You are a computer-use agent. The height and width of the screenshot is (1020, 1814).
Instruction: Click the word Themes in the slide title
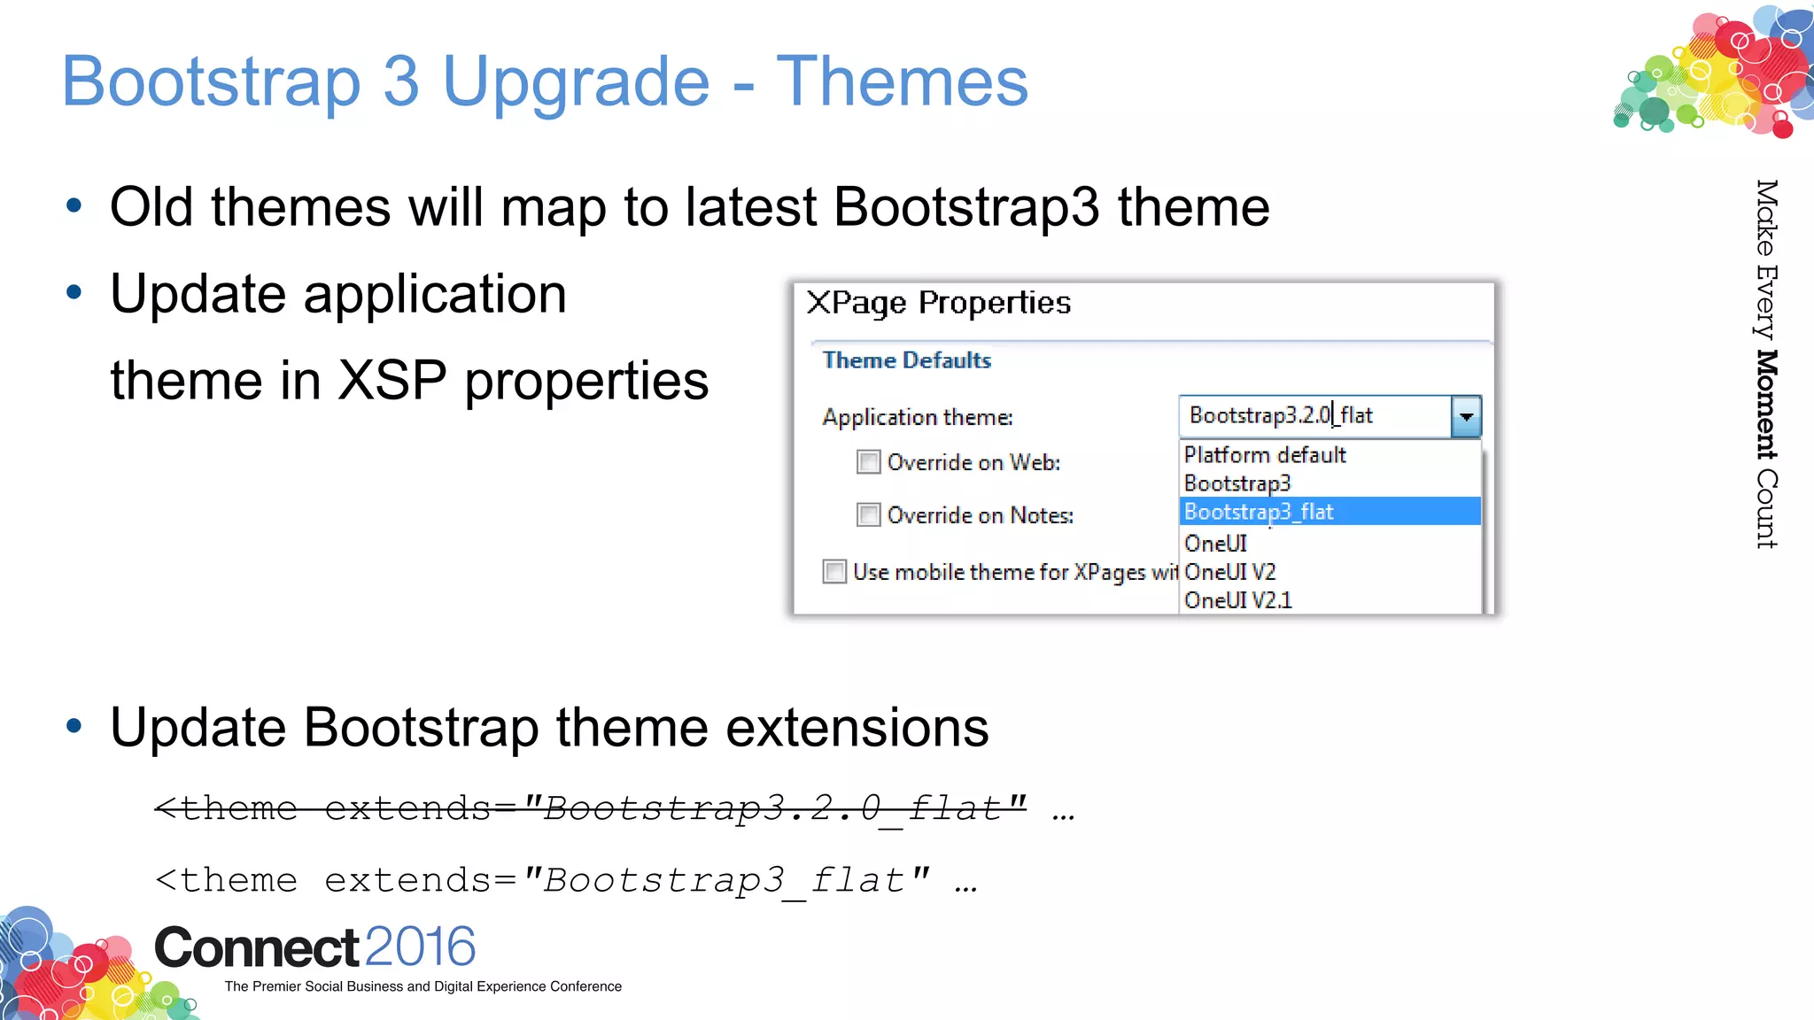point(901,81)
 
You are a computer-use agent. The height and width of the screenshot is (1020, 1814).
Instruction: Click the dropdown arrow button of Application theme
point(1466,416)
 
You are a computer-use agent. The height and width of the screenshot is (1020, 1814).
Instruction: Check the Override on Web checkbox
point(868,462)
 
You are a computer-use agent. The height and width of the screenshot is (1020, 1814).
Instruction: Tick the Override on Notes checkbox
point(868,515)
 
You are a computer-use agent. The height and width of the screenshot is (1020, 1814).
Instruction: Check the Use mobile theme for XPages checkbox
point(834,572)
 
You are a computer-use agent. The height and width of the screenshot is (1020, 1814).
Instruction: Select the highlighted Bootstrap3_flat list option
point(1259,512)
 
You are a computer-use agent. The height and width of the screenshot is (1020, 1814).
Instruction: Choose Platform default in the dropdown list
point(1264,455)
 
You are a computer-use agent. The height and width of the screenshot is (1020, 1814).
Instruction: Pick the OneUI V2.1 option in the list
point(1237,600)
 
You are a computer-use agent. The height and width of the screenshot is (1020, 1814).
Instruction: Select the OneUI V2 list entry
point(1229,572)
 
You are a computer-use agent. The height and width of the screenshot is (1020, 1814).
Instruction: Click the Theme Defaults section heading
point(906,360)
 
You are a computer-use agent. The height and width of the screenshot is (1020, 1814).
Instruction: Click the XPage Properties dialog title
point(938,303)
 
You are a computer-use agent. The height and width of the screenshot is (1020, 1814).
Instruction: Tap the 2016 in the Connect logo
point(420,947)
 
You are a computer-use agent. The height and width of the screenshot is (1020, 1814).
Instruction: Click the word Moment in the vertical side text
point(1766,404)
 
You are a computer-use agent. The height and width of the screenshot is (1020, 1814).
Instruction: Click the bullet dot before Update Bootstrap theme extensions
point(74,727)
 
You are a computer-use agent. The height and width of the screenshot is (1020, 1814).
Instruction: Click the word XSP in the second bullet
point(392,381)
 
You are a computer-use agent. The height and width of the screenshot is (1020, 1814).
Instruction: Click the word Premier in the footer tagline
point(275,986)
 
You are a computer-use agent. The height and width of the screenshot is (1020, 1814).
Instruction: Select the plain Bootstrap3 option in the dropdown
point(1236,483)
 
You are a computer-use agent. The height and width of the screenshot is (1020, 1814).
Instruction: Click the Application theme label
point(917,417)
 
